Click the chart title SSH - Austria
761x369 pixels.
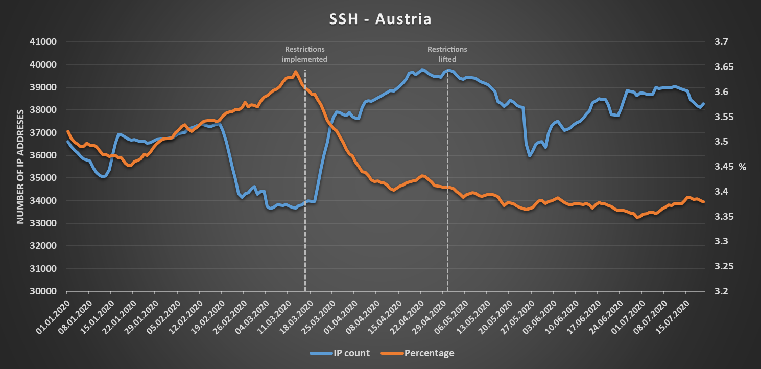click(380, 19)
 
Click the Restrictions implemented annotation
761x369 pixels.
click(305, 54)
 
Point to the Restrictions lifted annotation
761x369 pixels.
click(447, 54)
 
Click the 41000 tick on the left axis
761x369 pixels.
click(43, 42)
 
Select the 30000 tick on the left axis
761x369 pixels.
click(43, 291)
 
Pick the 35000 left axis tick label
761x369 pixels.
click(43, 178)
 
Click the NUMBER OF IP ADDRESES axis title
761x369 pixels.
click(21, 167)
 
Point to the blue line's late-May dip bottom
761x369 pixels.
click(530, 156)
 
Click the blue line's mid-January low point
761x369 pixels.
click(103, 177)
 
